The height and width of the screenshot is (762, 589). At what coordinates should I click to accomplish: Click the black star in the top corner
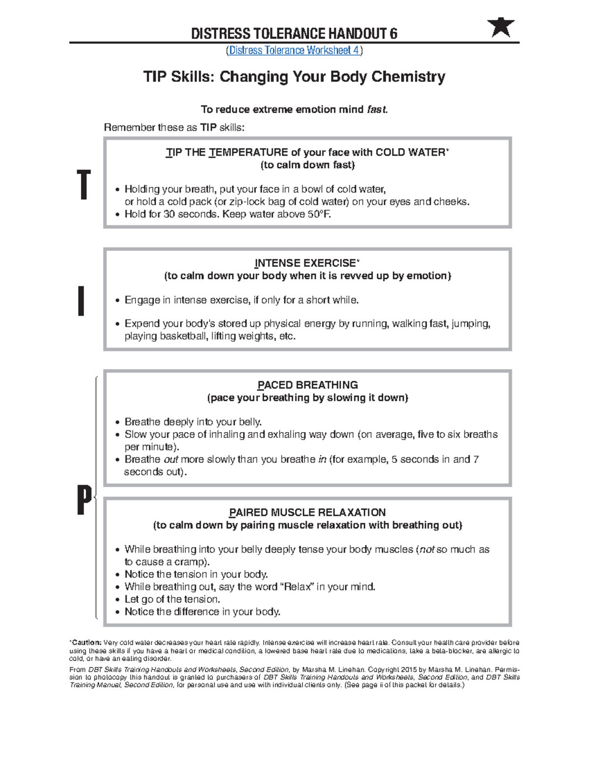(x=501, y=27)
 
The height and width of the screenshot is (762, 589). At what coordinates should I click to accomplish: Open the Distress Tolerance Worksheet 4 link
(x=294, y=50)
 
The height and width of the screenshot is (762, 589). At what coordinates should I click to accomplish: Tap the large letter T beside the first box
(x=84, y=185)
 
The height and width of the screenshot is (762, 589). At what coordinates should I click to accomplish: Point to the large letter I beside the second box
(x=81, y=301)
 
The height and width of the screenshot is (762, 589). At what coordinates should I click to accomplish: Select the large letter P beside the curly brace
(x=84, y=499)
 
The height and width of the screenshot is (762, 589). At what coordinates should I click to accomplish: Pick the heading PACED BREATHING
(x=307, y=385)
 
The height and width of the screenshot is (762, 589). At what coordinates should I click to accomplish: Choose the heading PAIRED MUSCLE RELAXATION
(x=307, y=512)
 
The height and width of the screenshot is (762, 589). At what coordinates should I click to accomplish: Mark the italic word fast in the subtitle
(x=376, y=109)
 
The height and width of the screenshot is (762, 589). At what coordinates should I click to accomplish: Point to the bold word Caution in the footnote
(x=86, y=642)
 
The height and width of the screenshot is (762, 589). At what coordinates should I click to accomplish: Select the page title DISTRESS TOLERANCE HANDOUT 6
(x=294, y=33)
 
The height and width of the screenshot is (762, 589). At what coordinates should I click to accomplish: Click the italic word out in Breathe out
(x=170, y=459)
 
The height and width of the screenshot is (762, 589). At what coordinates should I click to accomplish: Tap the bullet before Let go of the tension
(x=117, y=600)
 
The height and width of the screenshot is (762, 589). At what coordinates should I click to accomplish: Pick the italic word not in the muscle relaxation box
(x=427, y=550)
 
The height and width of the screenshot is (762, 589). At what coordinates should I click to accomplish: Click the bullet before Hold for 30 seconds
(x=117, y=214)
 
